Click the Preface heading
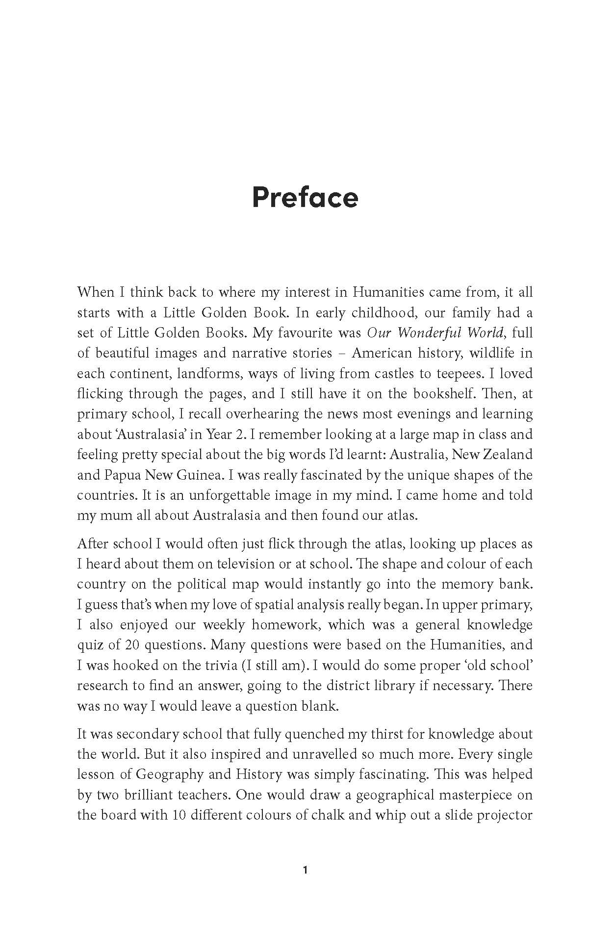click(305, 197)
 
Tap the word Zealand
click(510, 454)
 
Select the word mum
click(122, 515)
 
